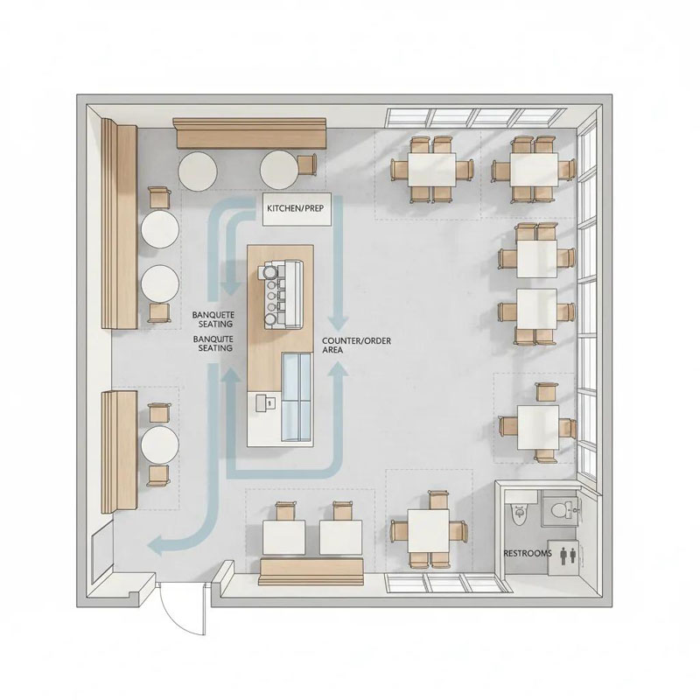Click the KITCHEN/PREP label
[x=295, y=208]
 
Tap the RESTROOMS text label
[x=528, y=553]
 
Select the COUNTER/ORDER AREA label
[x=356, y=346]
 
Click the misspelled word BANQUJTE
[x=213, y=339]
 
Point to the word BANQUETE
[x=213, y=315]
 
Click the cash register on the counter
[x=266, y=402]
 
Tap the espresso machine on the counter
[x=283, y=294]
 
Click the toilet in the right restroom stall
[x=560, y=509]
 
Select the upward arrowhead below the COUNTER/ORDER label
[x=339, y=370]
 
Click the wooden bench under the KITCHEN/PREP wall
[x=250, y=134]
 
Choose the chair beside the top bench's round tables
[x=306, y=164]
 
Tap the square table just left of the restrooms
[x=428, y=531]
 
